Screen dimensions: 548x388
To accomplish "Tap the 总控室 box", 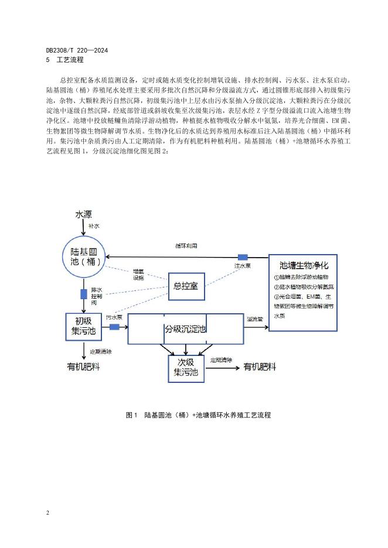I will pos(186,286).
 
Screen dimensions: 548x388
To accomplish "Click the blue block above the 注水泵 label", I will pos(242,257).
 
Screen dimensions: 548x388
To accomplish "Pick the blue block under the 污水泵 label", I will pos(114,327).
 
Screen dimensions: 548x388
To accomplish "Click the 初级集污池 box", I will pos(83,326).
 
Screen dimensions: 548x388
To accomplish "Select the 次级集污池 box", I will pos(186,367).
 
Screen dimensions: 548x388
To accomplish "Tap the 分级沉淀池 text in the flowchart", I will pos(185,329).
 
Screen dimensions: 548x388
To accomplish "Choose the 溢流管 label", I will pos(254,319).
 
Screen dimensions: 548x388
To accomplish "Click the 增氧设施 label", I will pos(139,275).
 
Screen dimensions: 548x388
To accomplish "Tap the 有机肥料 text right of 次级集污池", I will pos(260,367).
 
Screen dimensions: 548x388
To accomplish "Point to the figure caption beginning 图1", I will pos(198,415).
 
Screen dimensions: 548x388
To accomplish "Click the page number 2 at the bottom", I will pos(46,513).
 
